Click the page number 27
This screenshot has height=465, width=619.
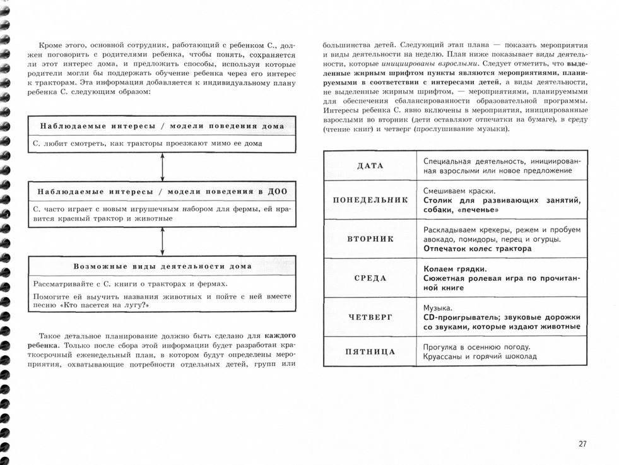[582, 444]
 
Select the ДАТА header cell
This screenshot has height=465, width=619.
[370, 165]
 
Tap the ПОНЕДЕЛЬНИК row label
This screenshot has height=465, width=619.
[370, 200]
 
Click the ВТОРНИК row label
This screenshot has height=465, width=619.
[370, 239]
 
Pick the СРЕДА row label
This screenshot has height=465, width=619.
[370, 278]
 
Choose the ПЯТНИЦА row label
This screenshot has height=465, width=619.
[370, 351]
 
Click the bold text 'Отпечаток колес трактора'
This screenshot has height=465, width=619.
[477, 249]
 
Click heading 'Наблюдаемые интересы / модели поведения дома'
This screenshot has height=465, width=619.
[162, 126]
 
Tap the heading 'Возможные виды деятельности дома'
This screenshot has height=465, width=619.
[162, 266]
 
